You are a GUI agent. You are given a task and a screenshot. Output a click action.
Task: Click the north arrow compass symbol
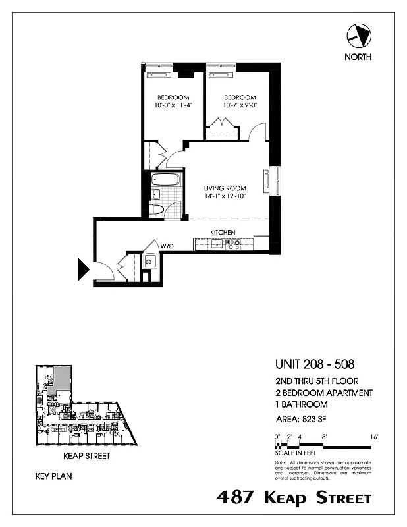click(358, 34)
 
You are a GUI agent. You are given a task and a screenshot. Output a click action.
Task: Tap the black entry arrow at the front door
click(84, 269)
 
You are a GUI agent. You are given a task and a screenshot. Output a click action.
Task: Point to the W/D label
click(167, 246)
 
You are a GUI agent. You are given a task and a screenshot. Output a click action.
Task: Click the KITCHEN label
click(223, 233)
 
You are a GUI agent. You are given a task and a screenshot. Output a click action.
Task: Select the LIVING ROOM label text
click(225, 188)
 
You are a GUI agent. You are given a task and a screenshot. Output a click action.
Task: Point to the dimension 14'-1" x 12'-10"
click(225, 197)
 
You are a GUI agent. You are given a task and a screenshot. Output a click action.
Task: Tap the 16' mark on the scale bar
click(373, 437)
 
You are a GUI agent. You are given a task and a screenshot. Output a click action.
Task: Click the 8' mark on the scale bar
click(324, 437)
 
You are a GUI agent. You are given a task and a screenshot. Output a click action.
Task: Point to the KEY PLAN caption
click(53, 475)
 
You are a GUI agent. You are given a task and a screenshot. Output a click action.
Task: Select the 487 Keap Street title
click(294, 498)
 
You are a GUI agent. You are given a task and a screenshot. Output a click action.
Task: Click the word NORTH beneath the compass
click(358, 57)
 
